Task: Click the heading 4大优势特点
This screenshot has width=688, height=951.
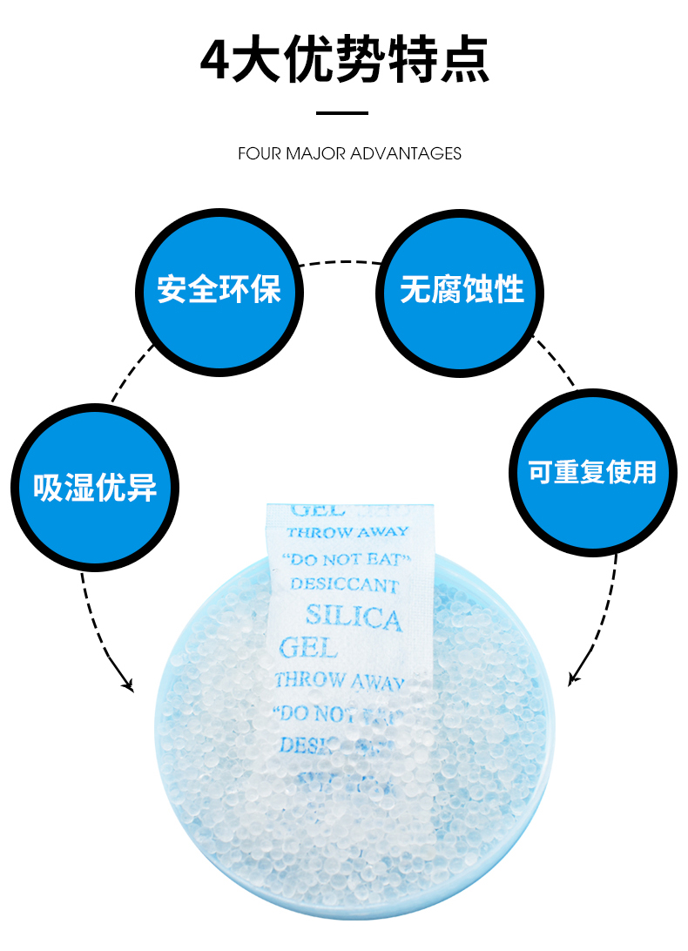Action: (x=344, y=60)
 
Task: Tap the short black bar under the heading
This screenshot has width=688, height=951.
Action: (x=342, y=112)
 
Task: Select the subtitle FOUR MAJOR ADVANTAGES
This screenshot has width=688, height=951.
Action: (x=349, y=154)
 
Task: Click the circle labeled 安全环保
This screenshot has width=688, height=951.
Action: (x=219, y=289)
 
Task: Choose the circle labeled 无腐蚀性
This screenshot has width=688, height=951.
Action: (x=462, y=289)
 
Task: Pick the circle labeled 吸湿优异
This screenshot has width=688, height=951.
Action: (x=95, y=485)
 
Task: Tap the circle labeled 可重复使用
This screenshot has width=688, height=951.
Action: (x=592, y=471)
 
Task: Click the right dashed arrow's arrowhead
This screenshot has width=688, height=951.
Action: (x=573, y=678)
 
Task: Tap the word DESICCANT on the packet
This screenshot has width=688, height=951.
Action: (x=344, y=584)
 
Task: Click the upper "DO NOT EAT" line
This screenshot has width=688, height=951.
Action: (x=347, y=558)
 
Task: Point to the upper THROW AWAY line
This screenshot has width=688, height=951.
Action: (x=347, y=532)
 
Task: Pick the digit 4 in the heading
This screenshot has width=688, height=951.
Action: (x=215, y=61)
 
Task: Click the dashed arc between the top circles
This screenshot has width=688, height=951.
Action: (x=341, y=261)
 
